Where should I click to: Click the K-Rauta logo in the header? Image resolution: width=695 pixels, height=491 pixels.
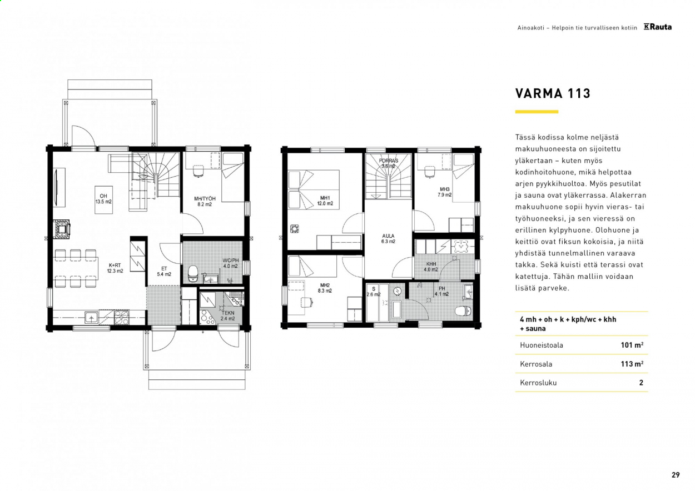658,27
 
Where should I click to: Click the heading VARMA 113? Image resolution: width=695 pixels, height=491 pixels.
553,93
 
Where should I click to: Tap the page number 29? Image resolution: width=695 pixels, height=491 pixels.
676,474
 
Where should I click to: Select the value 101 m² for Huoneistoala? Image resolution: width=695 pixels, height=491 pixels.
632,345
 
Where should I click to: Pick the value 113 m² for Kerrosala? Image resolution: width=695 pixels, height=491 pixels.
632,364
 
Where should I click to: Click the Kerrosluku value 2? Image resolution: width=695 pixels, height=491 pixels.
641,383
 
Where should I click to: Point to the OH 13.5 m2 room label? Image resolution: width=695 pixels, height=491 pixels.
103,199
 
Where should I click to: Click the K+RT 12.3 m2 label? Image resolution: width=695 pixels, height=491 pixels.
115,268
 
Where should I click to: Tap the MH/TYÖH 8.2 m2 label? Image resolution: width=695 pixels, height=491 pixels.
205,202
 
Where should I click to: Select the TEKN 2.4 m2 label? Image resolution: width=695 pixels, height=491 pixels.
228,315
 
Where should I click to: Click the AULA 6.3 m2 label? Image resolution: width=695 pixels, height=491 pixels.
388,239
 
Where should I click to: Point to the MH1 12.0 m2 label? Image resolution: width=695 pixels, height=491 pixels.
325,201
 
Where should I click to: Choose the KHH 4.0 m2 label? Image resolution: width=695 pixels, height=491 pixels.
431,267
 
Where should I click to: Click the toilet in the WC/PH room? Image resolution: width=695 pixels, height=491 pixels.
193,274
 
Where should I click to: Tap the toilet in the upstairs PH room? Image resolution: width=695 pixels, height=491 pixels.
464,310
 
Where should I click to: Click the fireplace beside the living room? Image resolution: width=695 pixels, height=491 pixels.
62,229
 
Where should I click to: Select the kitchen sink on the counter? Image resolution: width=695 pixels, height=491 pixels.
91,318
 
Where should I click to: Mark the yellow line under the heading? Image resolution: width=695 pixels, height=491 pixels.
537,112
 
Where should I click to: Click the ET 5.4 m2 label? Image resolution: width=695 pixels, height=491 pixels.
164,271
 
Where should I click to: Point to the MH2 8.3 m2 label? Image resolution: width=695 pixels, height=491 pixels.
325,288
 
